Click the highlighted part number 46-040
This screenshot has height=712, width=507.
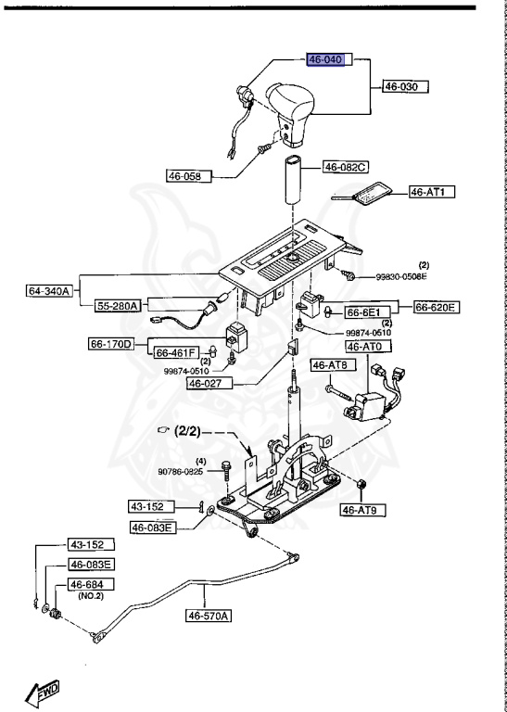[325, 60]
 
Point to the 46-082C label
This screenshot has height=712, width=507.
[345, 168]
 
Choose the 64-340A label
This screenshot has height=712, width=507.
[49, 291]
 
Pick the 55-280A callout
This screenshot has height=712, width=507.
[120, 305]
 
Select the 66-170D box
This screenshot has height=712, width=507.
[136, 343]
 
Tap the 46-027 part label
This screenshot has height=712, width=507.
[208, 382]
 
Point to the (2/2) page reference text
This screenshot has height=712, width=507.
[189, 432]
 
